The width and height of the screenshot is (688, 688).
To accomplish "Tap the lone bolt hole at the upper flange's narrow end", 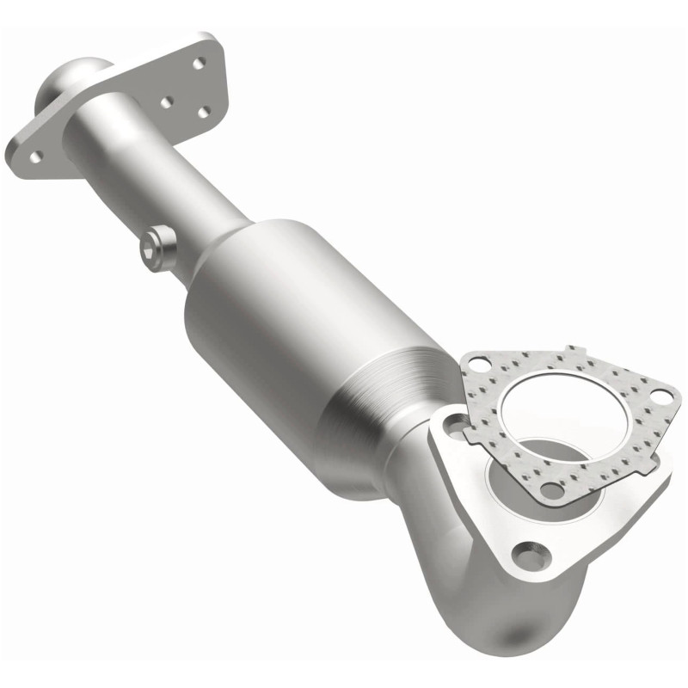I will pos(37,156).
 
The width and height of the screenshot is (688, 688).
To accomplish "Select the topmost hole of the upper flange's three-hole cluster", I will pos(199,63).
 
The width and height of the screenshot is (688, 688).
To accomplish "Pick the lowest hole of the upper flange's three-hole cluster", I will pos(204,112).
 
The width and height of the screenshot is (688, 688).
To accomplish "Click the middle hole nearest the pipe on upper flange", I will pos(166,101).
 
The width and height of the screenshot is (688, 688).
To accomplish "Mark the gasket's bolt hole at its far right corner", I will pos(660,395).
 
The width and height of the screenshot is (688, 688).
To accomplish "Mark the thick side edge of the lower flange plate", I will pos(593,550).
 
